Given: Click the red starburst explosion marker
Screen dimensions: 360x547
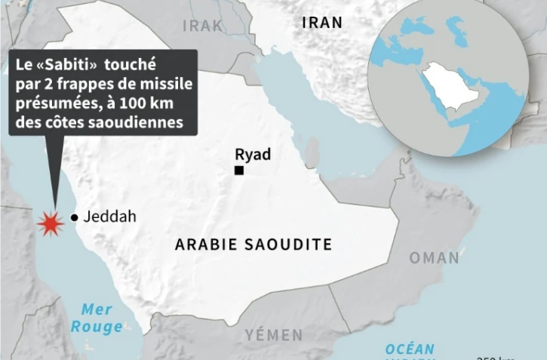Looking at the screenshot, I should pyautogui.click(x=50, y=223).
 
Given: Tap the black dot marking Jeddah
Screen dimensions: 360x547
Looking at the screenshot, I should pyautogui.click(x=74, y=218).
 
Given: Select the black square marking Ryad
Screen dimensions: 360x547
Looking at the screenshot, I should pyautogui.click(x=239, y=171).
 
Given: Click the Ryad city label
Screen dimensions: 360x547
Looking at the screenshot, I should pyautogui.click(x=253, y=155).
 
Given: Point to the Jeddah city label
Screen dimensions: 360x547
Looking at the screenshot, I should pyautogui.click(x=110, y=217).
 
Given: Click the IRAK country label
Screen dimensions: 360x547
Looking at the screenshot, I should pyautogui.click(x=203, y=26).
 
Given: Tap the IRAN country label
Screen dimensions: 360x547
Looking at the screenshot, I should pyautogui.click(x=321, y=23).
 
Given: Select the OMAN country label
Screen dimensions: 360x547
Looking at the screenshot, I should pyautogui.click(x=434, y=258).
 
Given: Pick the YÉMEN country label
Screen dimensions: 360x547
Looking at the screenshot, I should pyautogui.click(x=274, y=334).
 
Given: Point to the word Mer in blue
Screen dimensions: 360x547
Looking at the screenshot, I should pyautogui.click(x=97, y=309).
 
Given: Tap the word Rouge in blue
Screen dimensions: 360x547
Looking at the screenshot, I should pyautogui.click(x=97, y=327).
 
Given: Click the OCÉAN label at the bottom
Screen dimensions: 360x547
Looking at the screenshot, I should pyautogui.click(x=410, y=349).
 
